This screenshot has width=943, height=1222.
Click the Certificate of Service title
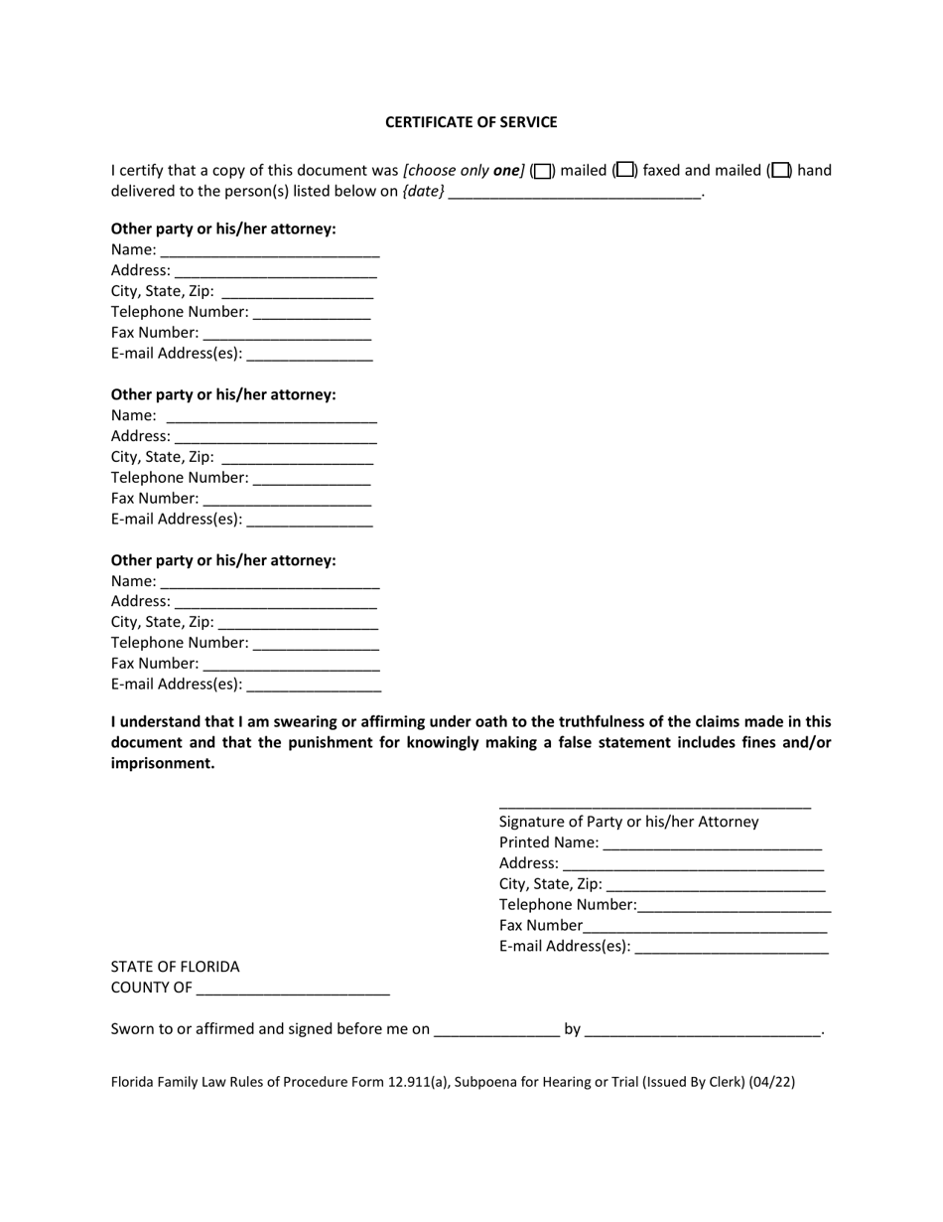point(471,122)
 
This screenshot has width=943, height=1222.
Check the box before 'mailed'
point(542,171)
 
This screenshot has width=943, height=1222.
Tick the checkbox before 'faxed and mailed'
point(624,170)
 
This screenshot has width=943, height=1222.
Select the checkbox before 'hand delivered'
point(781,170)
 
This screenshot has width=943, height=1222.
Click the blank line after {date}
point(575,193)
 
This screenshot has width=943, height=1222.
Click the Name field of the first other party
point(269,251)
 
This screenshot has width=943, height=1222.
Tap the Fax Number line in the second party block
point(287,500)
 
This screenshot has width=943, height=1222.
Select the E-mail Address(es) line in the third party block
point(314,686)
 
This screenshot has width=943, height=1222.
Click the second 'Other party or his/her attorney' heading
point(223,394)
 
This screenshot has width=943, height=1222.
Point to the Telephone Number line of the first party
point(312,314)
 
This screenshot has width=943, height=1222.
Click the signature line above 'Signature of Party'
point(654,806)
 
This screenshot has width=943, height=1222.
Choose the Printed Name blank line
point(712,844)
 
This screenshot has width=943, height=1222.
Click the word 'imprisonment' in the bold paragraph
point(163,764)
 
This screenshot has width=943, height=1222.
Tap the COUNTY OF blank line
point(293,990)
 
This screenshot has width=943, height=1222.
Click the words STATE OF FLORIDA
point(175,967)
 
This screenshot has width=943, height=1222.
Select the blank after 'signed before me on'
point(496,1031)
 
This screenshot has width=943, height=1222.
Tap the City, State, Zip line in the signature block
point(715,886)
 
